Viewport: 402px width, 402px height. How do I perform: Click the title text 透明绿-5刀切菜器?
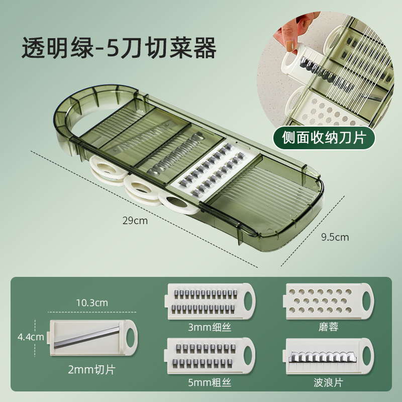click(x=119, y=48)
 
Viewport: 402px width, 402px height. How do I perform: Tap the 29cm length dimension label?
click(x=135, y=221)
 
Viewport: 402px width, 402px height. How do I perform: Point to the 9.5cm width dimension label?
click(x=335, y=237)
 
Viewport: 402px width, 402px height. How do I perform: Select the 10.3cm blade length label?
click(x=92, y=303)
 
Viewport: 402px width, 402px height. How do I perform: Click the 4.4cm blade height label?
click(x=31, y=337)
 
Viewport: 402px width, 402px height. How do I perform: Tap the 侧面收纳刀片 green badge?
click(x=324, y=138)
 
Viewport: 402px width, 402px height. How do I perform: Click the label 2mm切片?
click(x=92, y=369)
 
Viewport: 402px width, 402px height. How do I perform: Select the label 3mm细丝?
click(x=210, y=327)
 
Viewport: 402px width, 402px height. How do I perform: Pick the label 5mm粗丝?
click(x=210, y=382)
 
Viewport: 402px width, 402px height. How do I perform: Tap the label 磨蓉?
click(x=329, y=327)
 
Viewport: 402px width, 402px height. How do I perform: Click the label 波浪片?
click(x=329, y=382)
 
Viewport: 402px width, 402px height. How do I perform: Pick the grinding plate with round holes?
click(x=329, y=301)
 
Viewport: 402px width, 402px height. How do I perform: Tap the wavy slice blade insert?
click(x=329, y=356)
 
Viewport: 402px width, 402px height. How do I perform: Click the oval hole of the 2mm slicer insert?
click(x=130, y=337)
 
